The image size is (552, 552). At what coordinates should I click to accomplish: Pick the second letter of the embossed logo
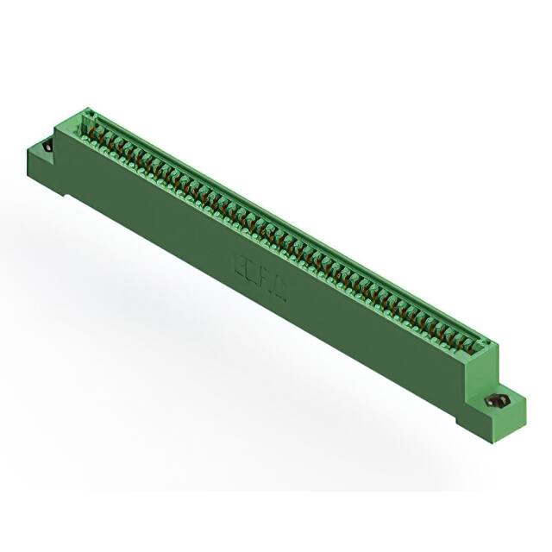pos(250,270)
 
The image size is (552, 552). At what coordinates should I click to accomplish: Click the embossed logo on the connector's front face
pos(257,273)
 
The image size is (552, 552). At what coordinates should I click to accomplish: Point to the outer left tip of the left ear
pos(28,152)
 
